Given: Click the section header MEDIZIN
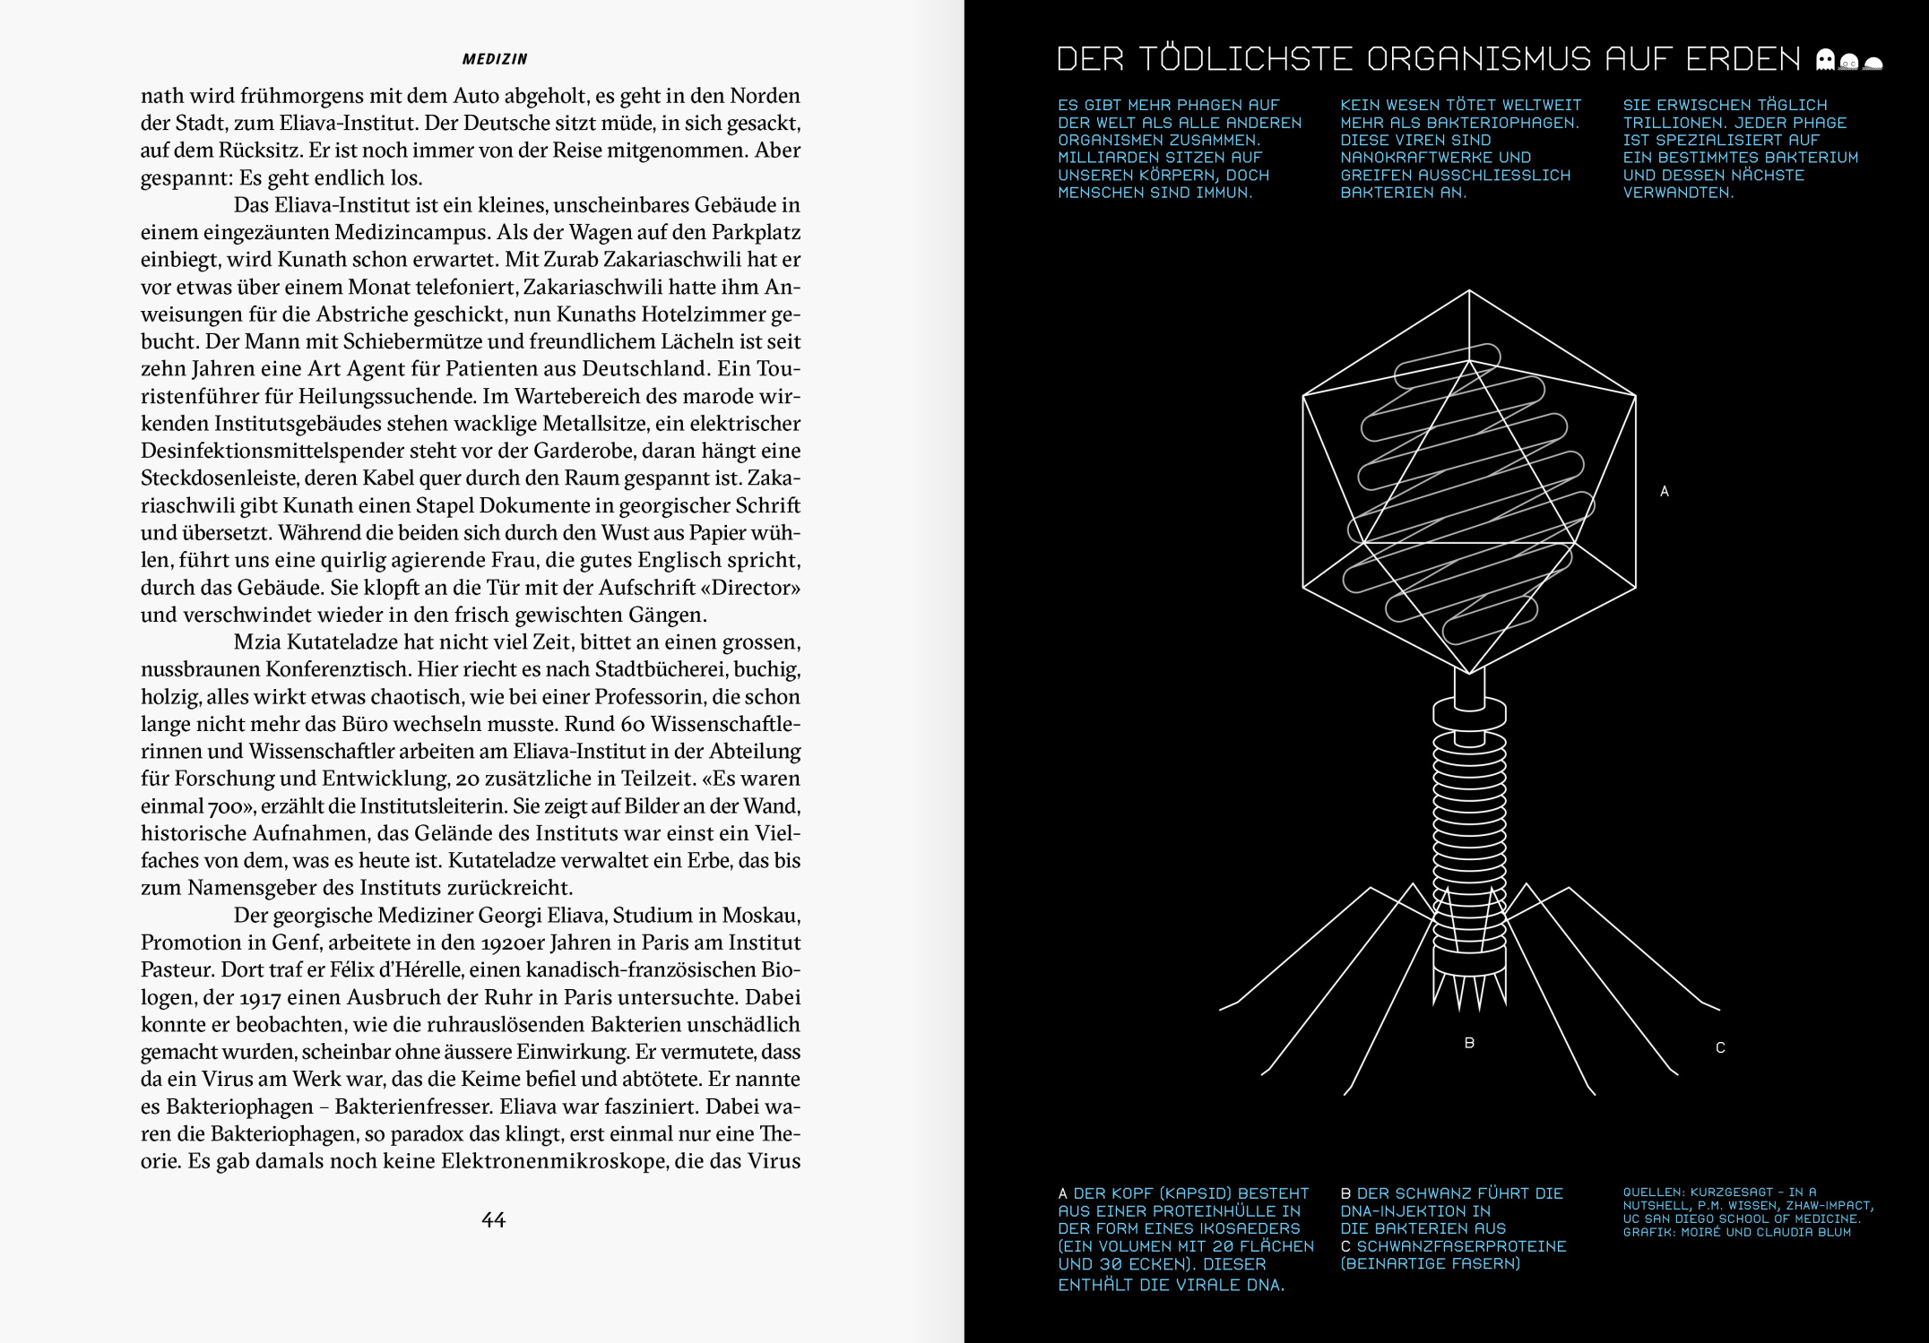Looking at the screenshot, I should point(494,59).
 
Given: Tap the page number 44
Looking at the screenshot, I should point(493,1219).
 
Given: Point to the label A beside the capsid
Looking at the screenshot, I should point(1665,491).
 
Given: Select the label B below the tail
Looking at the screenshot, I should point(1469,1043).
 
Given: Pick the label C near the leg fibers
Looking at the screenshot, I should point(1720,1047).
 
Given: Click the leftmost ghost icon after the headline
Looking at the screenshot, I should point(1825,61).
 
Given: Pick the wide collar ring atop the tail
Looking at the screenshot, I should point(1469,714).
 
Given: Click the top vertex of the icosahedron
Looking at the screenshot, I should point(1469,290).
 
